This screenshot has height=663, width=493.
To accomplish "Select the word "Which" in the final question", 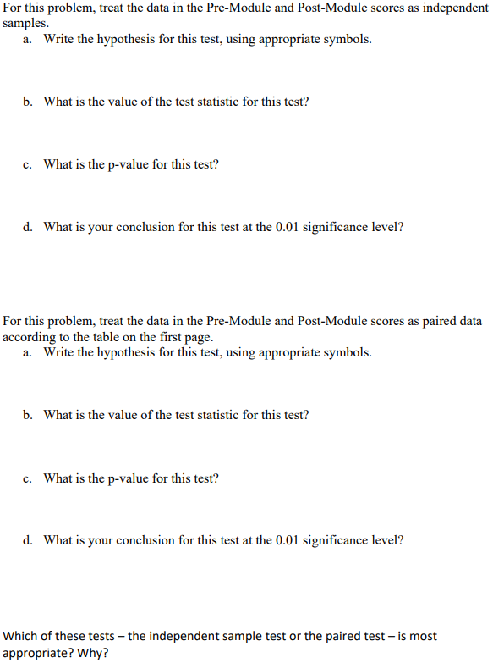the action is [21, 636].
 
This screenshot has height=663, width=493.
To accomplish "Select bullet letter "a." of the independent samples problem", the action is [29, 40].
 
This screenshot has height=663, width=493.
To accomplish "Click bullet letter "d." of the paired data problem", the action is [29, 539].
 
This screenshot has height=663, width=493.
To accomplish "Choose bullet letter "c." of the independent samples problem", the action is [29, 164].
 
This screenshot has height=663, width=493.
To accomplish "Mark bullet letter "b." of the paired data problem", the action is [29, 415].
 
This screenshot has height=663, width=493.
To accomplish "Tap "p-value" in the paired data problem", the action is [129, 478].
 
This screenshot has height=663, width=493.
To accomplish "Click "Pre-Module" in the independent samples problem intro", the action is [238, 8].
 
